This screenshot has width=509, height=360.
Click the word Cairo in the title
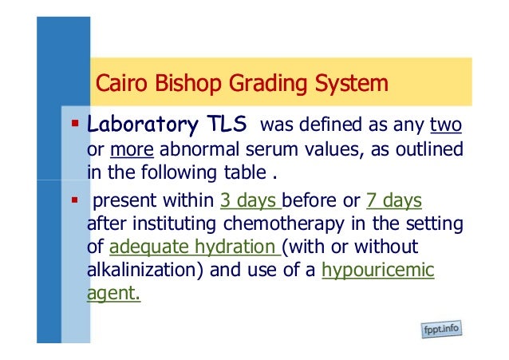(117, 83)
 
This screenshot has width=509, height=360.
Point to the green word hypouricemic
(377, 271)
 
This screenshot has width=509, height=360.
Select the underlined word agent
(113, 295)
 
